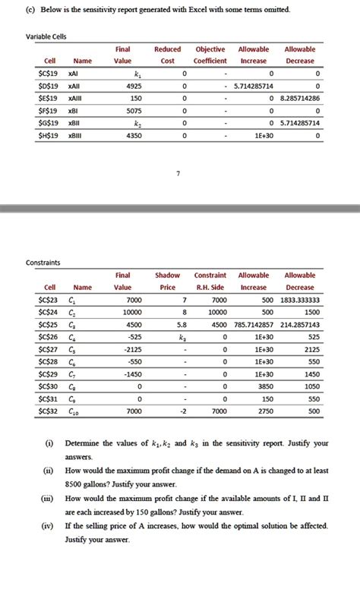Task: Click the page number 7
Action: (178, 174)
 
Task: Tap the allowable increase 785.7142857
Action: (255, 324)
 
